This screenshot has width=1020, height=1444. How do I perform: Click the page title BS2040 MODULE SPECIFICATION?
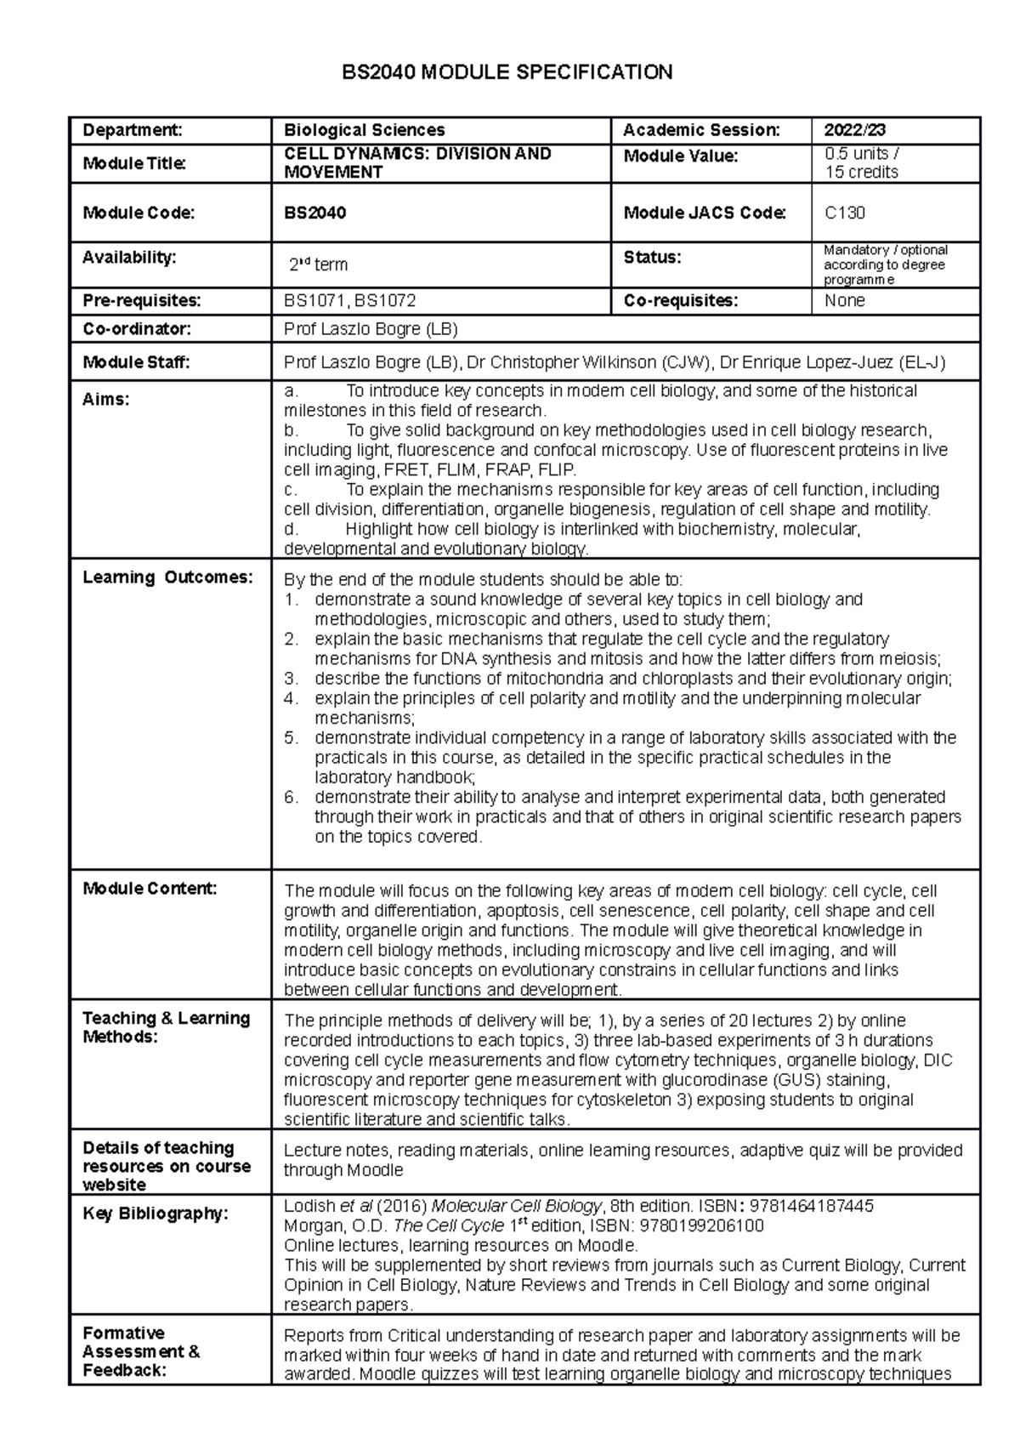coord(507,72)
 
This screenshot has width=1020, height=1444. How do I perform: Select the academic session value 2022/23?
coord(854,130)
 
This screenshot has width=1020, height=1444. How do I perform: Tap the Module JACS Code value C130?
coord(845,213)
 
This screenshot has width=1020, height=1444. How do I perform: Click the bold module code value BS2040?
coord(314,213)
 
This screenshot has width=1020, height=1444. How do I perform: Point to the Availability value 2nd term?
coord(318,264)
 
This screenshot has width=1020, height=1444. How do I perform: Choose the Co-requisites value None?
coord(844,300)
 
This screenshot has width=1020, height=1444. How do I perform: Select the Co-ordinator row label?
coord(136,329)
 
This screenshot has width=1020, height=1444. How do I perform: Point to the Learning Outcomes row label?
coord(167,577)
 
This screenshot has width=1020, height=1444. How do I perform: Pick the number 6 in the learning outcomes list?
coord(291,797)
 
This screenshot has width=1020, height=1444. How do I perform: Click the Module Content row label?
coord(150,889)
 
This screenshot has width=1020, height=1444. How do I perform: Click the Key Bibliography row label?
coord(155,1214)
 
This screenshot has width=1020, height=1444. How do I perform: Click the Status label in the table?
coord(652,257)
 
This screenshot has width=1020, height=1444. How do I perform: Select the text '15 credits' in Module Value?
coord(861,172)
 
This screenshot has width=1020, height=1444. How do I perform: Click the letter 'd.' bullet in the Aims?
coord(292,529)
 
